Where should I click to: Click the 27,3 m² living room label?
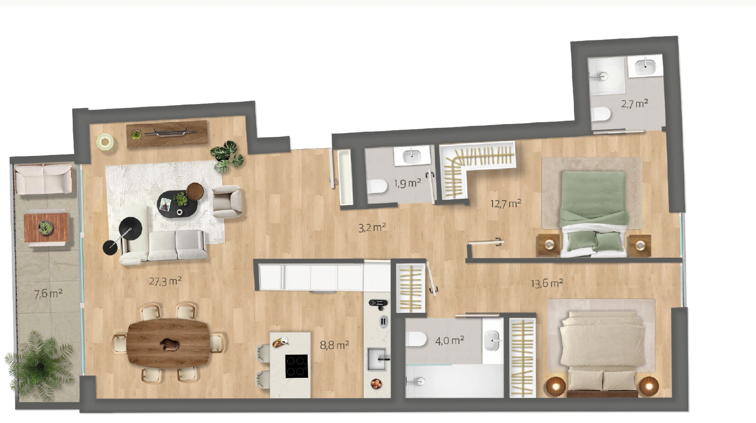[165, 280]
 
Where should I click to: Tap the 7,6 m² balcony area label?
[48, 294]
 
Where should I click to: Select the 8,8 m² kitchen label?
[334, 345]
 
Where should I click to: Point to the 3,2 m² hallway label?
[372, 228]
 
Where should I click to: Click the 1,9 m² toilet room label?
[407, 183]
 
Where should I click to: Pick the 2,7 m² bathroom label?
[634, 103]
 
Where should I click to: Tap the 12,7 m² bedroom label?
[505, 203]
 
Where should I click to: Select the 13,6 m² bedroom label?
[547, 283]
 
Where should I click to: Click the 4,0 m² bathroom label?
[449, 341]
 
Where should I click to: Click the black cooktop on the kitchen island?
[297, 366]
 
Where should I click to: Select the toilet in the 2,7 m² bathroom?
[601, 114]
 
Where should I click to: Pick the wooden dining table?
[169, 343]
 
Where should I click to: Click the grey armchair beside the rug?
[227, 201]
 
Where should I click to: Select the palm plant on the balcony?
[39, 365]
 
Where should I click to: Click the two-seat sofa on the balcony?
[44, 179]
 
